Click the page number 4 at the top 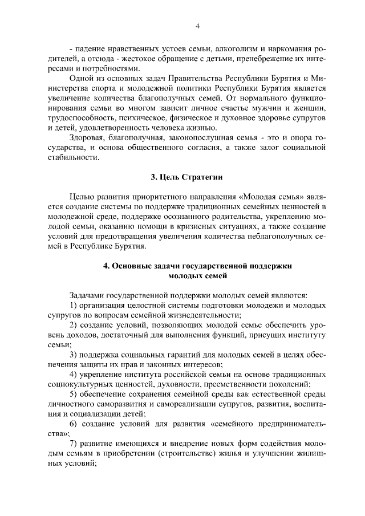[197, 26]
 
